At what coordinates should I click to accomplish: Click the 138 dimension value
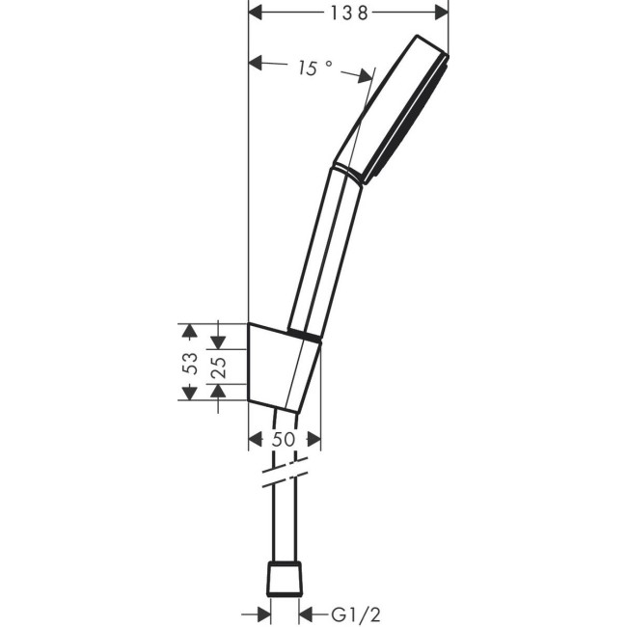coord(348,12)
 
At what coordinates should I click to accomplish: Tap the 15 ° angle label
coord(314,68)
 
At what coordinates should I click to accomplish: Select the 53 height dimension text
coord(191,363)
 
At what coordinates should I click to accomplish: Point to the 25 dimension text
coord(219,367)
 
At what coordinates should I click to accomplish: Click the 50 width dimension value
coord(283,439)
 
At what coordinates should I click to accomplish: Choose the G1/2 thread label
coord(348,613)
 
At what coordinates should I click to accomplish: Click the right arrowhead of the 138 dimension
coord(440,12)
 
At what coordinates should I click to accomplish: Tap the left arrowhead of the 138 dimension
coord(258,12)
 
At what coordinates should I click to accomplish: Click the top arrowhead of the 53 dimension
coord(190,332)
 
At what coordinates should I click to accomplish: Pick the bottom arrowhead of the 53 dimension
coord(190,393)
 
